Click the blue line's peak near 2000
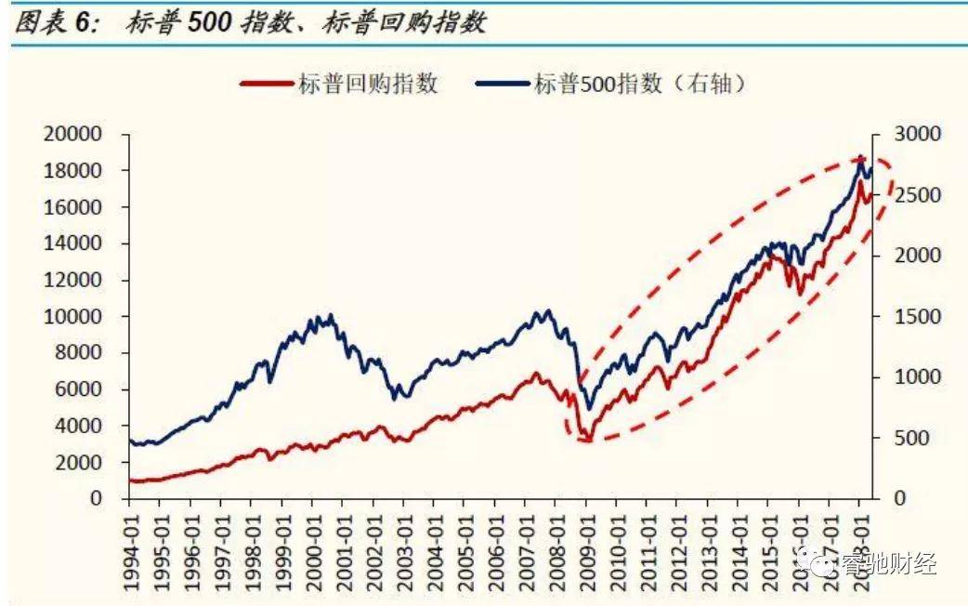pyautogui.click(x=319, y=316)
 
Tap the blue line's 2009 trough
pyautogui.click(x=588, y=408)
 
